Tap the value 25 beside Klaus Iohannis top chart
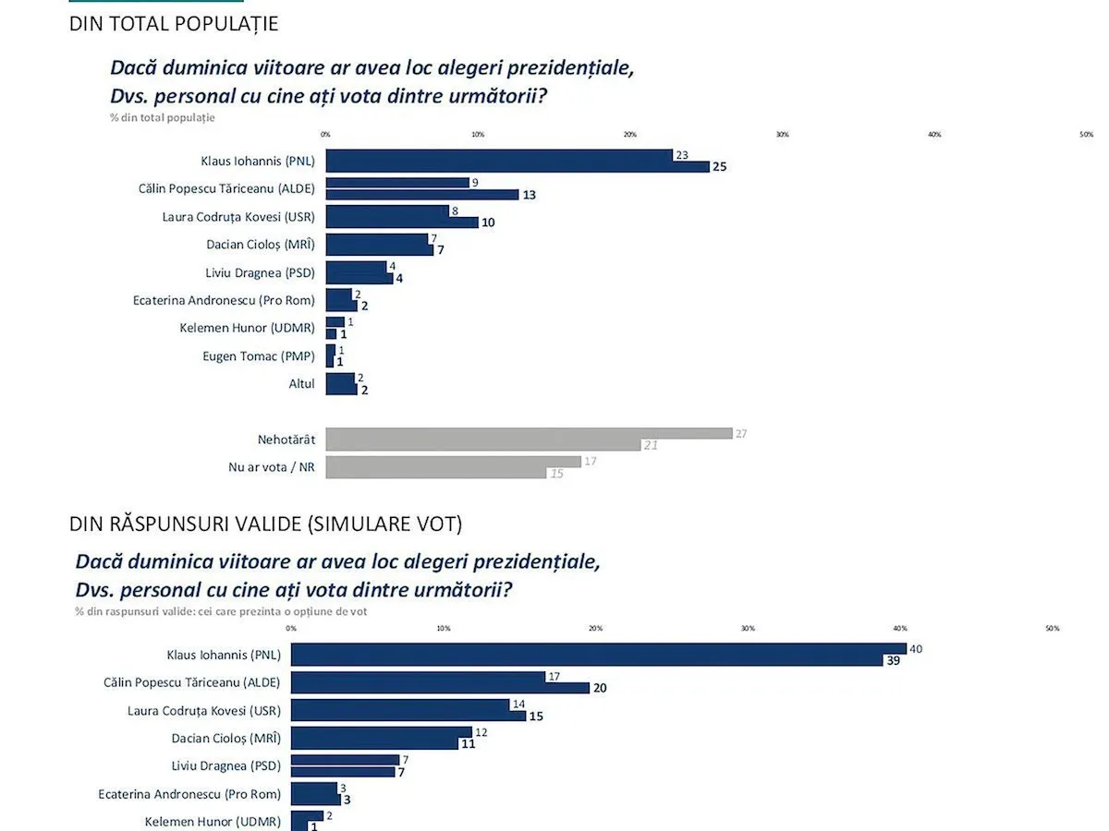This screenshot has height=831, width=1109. [720, 167]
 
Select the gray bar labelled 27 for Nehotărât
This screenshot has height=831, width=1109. [529, 433]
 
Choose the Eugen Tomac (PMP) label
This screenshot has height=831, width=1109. [259, 355]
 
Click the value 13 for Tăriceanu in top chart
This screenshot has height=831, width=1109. [529, 195]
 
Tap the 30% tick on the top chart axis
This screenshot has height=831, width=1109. [782, 135]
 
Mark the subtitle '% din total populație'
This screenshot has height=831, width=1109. [163, 117]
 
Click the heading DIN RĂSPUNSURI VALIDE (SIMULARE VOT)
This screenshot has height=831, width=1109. [266, 524]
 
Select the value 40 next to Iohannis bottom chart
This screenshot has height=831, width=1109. [916, 648]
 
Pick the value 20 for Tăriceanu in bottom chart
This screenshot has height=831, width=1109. [600, 688]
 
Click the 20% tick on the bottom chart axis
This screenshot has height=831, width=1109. [595, 629]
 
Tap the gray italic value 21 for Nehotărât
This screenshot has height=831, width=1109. [651, 445]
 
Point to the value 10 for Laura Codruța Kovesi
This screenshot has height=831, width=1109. [488, 223]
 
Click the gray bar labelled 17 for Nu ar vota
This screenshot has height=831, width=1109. [453, 461]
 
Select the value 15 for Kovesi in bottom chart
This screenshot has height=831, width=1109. [536, 716]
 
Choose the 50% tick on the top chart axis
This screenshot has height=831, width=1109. [1086, 135]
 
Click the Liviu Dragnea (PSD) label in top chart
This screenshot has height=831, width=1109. [260, 272]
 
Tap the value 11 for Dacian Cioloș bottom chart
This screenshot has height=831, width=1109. [468, 743]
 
